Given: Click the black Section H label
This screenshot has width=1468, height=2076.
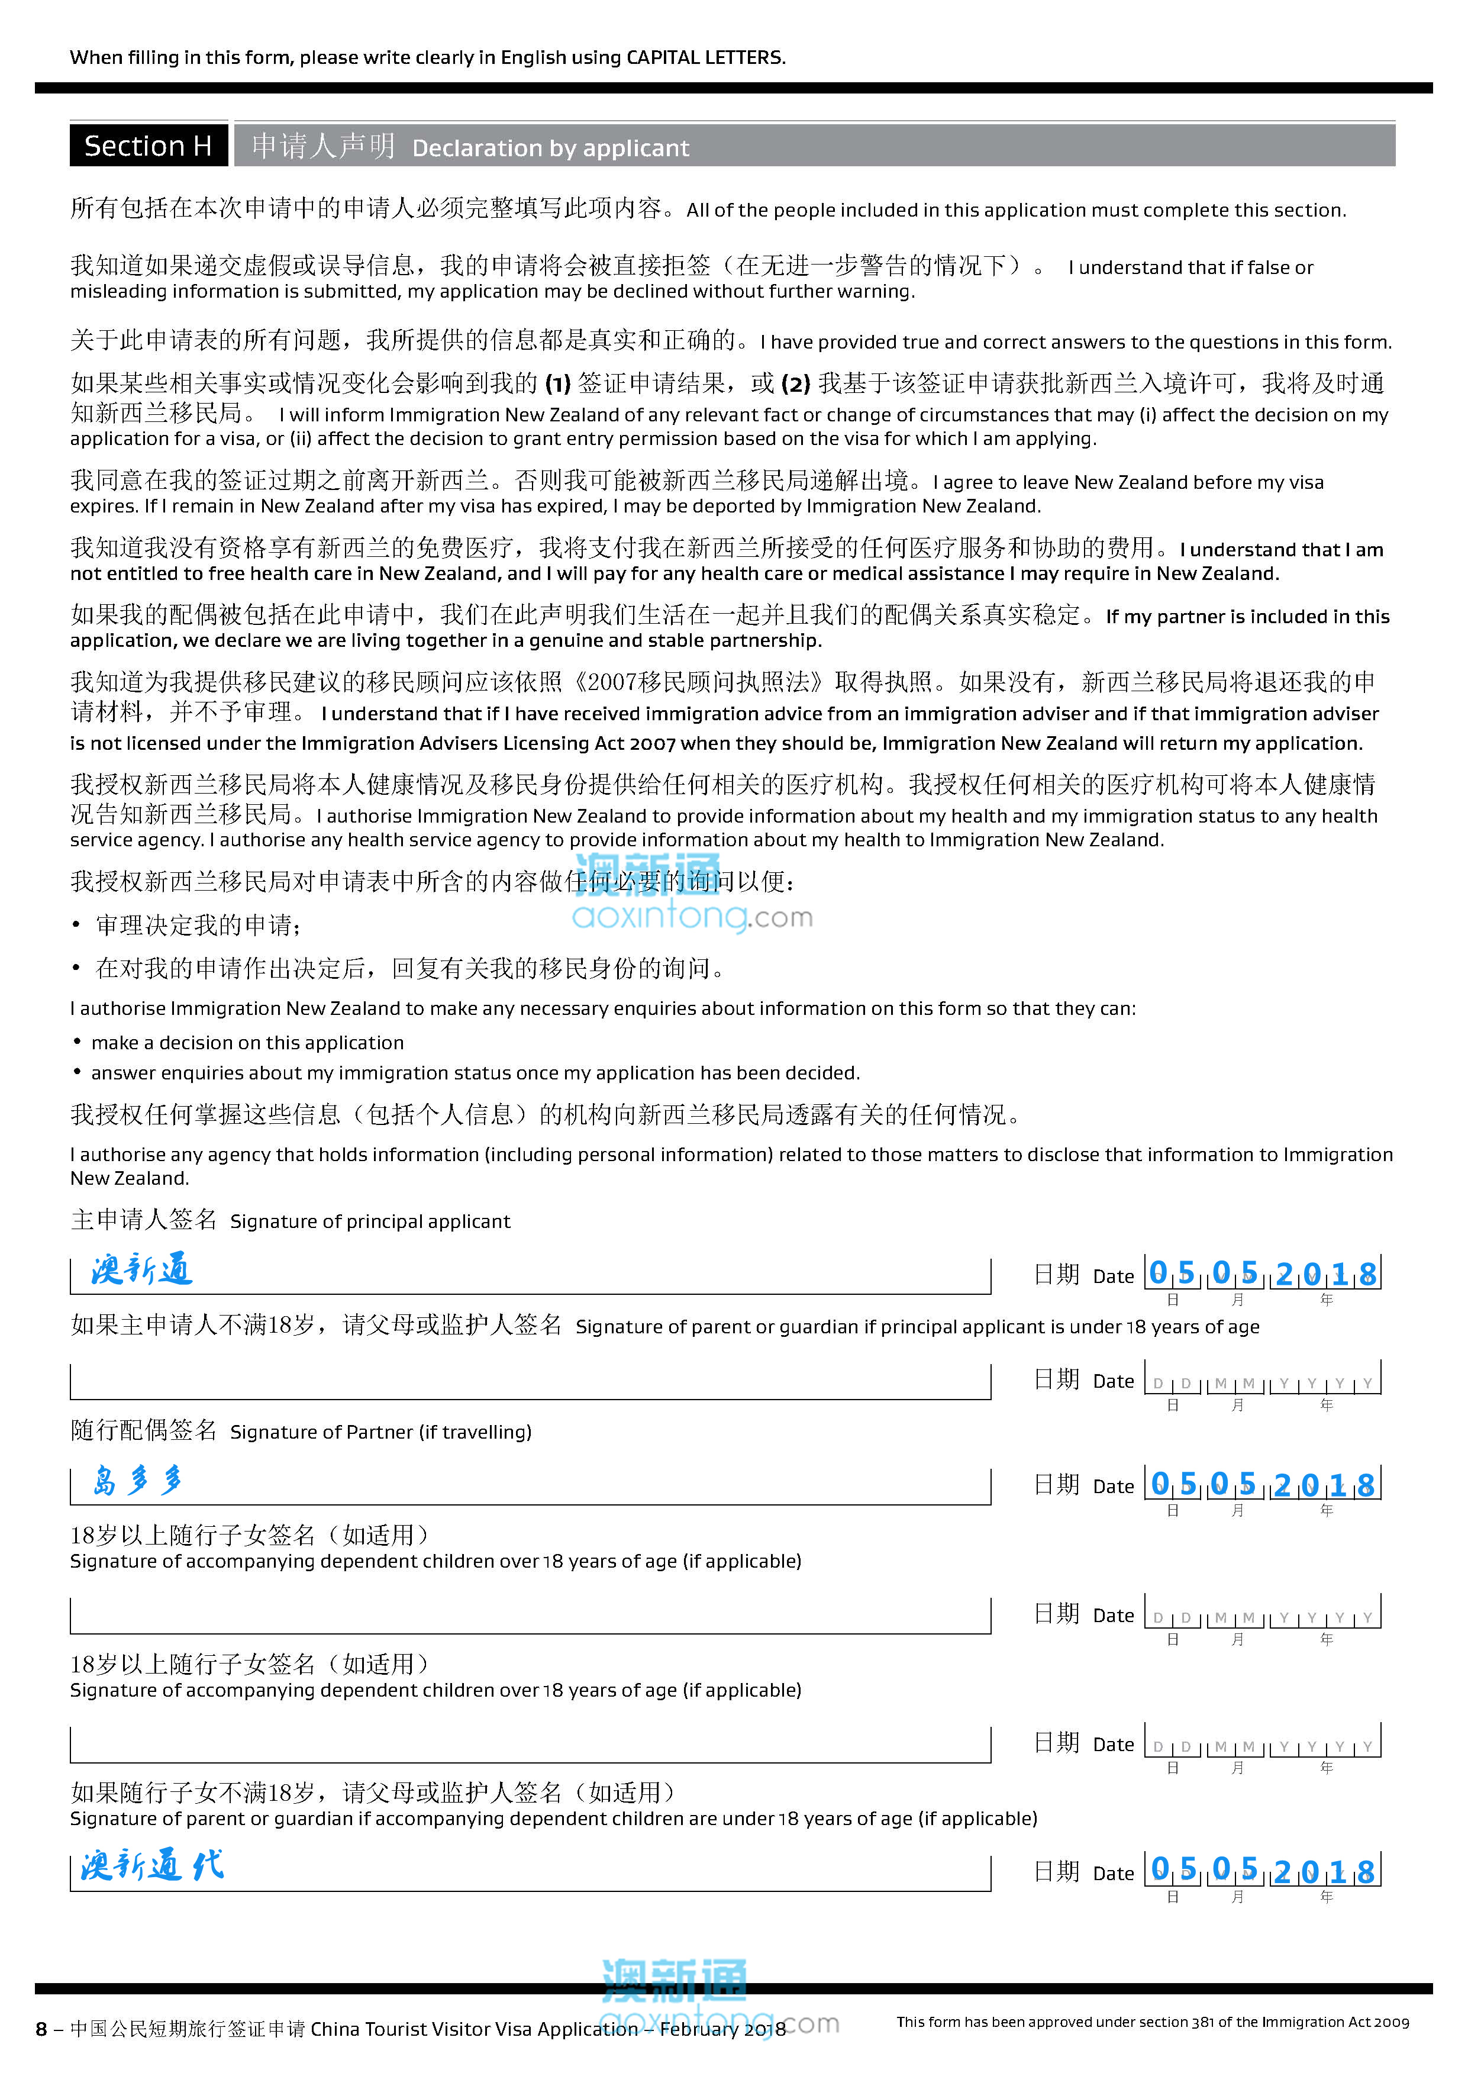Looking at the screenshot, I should (147, 146).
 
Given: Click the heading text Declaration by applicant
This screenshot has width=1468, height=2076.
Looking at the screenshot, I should (550, 149).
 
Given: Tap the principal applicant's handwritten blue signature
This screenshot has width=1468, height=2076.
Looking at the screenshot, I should (142, 1269).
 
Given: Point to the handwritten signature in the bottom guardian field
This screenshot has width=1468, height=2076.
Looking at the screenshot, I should (152, 1865).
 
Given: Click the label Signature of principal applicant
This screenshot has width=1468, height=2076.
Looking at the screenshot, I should (370, 1221).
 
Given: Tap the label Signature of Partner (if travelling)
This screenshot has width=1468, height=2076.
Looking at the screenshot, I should (380, 1432).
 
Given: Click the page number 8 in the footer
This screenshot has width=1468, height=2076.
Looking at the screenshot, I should (41, 2029).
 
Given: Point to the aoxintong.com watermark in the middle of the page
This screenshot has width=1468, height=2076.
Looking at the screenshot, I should (692, 917).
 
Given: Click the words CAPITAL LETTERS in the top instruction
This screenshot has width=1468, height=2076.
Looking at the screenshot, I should (705, 58).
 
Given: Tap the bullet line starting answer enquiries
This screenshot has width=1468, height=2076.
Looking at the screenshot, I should (475, 1074).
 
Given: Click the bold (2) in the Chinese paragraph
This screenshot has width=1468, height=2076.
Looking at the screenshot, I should (795, 384).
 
